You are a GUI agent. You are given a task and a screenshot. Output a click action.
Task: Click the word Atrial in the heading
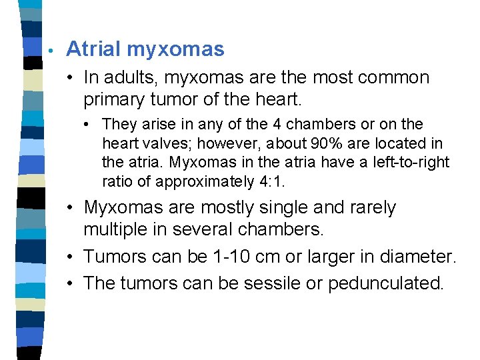point(93,49)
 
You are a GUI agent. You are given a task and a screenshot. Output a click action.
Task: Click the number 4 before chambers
point(275,125)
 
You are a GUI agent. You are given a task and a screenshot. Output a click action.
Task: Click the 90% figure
point(317,143)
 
